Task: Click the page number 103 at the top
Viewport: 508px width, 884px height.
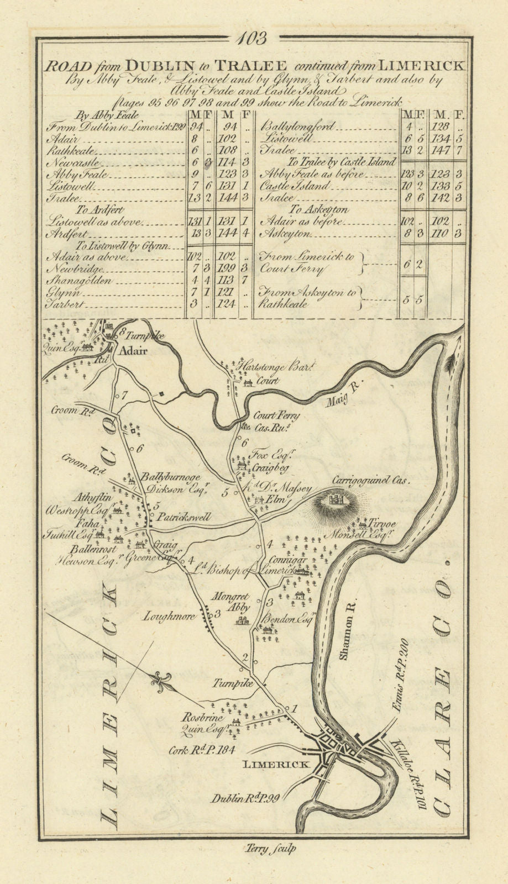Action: [x=254, y=39]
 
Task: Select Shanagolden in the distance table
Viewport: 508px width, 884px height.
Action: [x=81, y=281]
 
